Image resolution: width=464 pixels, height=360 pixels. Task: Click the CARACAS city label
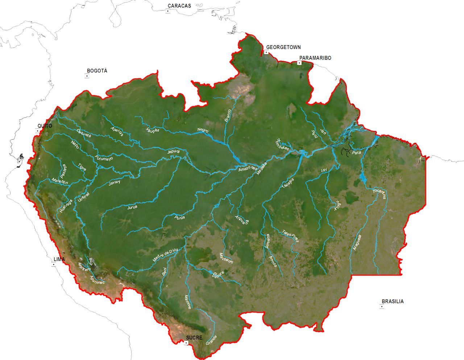[x=179, y=6]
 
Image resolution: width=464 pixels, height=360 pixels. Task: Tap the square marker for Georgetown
[x=266, y=53]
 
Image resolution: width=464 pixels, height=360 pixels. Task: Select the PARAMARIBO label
[x=315, y=58]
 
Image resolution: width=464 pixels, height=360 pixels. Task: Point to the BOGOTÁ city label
[x=97, y=71]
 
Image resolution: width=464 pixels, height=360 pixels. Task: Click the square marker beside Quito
[x=37, y=131]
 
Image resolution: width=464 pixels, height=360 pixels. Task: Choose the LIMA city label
[x=59, y=259]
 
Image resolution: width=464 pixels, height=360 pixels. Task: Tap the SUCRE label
[x=194, y=338]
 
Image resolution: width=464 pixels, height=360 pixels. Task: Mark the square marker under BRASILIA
[x=382, y=307]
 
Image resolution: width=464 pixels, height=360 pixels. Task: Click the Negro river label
[x=203, y=130]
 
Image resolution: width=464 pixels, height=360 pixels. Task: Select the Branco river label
[x=228, y=115]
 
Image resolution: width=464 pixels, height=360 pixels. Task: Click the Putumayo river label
[x=104, y=158]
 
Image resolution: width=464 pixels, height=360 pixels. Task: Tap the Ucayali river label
[x=83, y=197]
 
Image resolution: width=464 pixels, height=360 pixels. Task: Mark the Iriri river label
[x=324, y=170]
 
